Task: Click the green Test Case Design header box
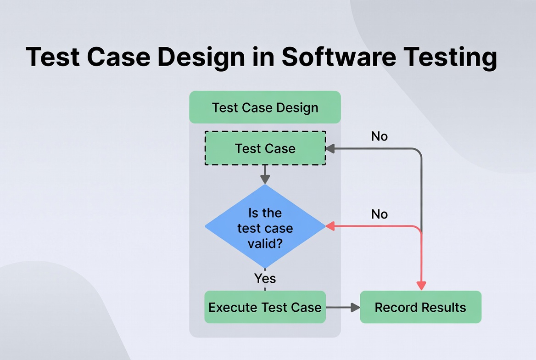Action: pyautogui.click(x=265, y=107)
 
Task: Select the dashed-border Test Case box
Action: pyautogui.click(x=265, y=148)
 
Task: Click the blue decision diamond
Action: pyautogui.click(x=265, y=226)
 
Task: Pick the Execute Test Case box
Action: pyautogui.click(x=265, y=307)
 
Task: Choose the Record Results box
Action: pyautogui.click(x=420, y=307)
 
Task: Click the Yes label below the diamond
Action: pyautogui.click(x=265, y=278)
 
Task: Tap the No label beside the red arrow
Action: pyautogui.click(x=379, y=214)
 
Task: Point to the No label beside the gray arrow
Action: pyautogui.click(x=379, y=136)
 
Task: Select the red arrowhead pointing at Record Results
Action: pyautogui.click(x=421, y=285)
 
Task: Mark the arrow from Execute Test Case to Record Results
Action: pyautogui.click(x=343, y=307)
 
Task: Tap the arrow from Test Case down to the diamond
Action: pyautogui.click(x=265, y=175)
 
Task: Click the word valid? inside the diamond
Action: pyautogui.click(x=265, y=243)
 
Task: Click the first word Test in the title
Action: pyautogui.click(x=51, y=58)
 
